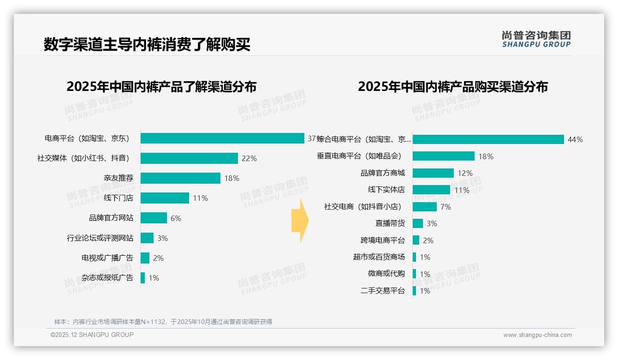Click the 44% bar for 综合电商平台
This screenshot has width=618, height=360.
pyautogui.click(x=488, y=139)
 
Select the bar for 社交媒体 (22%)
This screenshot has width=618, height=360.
pyautogui.click(x=189, y=158)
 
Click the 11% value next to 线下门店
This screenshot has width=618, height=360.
pyautogui.click(x=200, y=198)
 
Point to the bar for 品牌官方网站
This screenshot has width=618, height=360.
pyautogui.click(x=154, y=218)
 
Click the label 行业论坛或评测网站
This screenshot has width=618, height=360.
pyautogui.click(x=100, y=238)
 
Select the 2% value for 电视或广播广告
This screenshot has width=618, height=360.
pyautogui.click(x=158, y=258)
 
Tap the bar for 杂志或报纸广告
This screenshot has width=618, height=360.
pyautogui.click(x=143, y=278)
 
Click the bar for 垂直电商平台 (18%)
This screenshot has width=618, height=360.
pyautogui.click(x=443, y=156)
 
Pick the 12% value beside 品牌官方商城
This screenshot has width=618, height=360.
pyautogui.click(x=465, y=173)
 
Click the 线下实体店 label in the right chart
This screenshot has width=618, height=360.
pyautogui.click(x=386, y=190)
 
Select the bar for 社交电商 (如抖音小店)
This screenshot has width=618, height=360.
pyautogui.click(x=424, y=207)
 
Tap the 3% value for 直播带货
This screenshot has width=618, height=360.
pyautogui.click(x=432, y=223)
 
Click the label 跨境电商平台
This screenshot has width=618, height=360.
pyautogui.click(x=382, y=240)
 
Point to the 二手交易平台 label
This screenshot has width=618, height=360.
pyautogui.click(x=382, y=291)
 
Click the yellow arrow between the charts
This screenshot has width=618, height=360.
pyautogui.click(x=300, y=221)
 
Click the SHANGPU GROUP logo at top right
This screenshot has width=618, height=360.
pyautogui.click(x=536, y=39)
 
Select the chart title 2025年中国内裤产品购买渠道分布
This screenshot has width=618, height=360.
pyautogui.click(x=452, y=87)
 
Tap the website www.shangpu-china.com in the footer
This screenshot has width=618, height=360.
pyautogui.click(x=537, y=335)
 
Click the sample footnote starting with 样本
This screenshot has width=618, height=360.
pyautogui.click(x=163, y=322)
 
